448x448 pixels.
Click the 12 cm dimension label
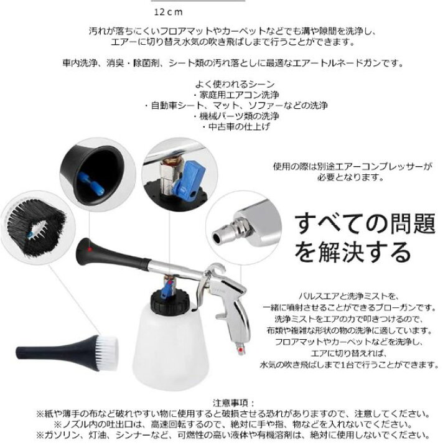(168, 12)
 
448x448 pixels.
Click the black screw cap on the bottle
(170, 301)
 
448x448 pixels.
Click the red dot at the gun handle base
(241, 350)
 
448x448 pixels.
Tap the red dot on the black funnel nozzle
(90, 250)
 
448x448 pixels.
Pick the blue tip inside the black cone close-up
(92, 184)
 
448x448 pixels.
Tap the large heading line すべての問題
(365, 224)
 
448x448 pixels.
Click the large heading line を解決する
(353, 252)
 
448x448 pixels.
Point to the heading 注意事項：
(234, 403)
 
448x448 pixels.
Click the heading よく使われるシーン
(235, 84)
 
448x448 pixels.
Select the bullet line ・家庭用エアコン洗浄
(235, 95)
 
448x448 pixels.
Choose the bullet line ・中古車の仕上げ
(235, 126)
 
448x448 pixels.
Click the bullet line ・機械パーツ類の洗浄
(235, 116)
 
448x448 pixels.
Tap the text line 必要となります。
(350, 177)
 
